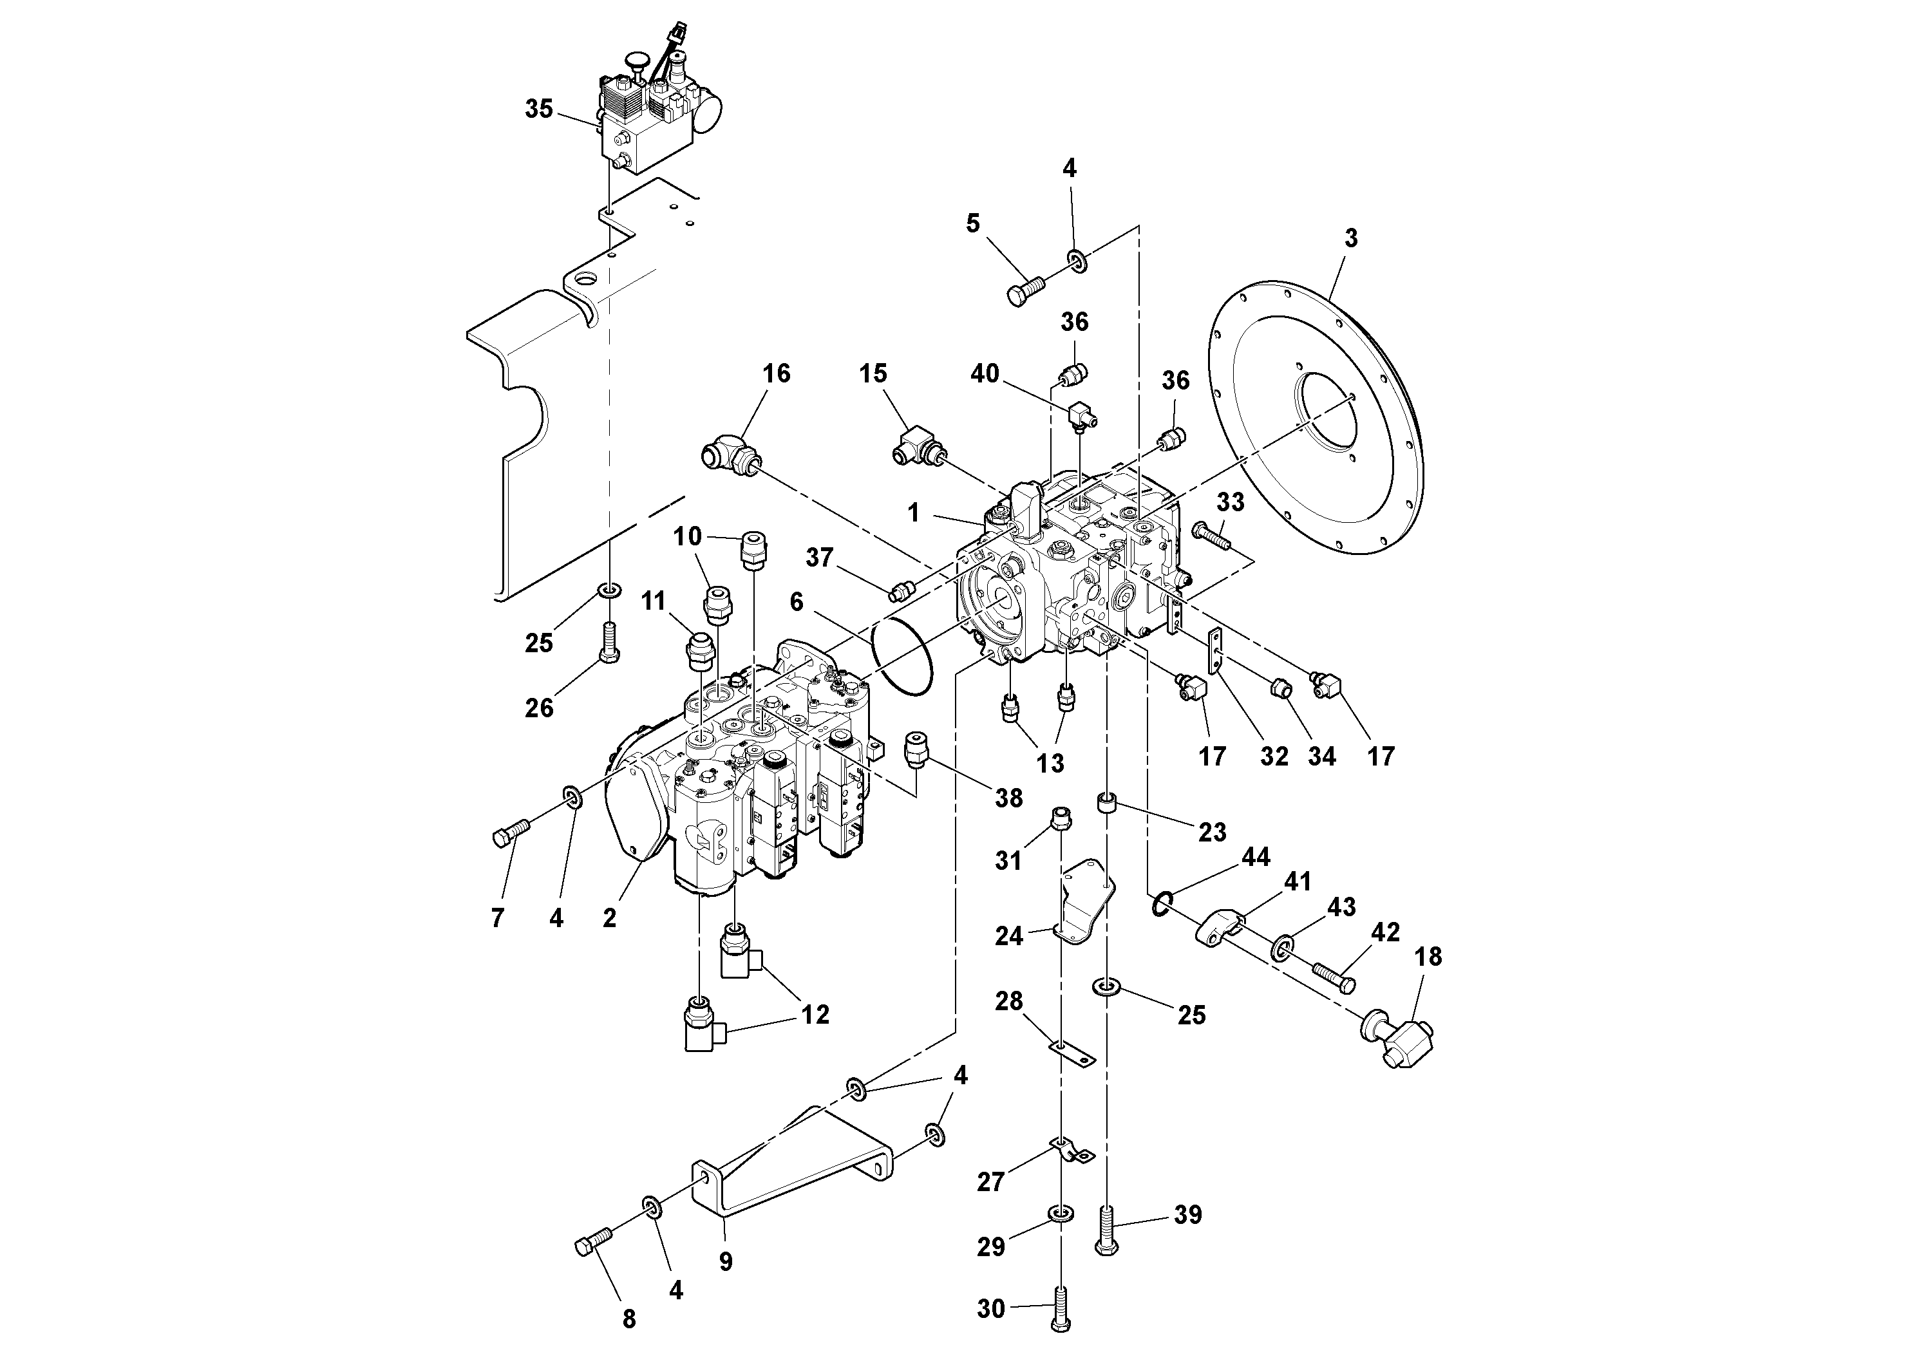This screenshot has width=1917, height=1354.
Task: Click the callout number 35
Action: (x=538, y=109)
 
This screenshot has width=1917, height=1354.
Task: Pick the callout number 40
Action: (x=985, y=373)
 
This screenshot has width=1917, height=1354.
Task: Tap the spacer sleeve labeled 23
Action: (x=1107, y=805)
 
